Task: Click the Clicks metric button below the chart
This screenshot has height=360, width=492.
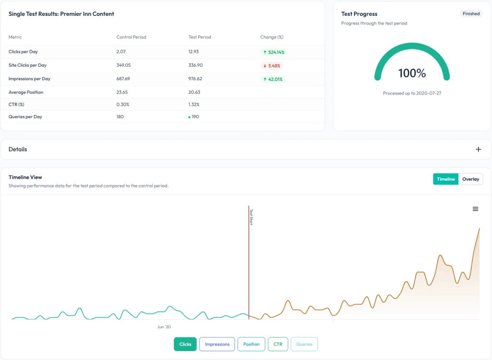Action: click(x=185, y=344)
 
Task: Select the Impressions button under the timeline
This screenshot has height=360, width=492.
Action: click(x=217, y=344)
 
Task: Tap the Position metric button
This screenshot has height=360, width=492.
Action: click(x=251, y=344)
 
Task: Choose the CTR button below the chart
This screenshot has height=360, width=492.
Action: click(x=278, y=344)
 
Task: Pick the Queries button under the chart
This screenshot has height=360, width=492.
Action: click(x=304, y=344)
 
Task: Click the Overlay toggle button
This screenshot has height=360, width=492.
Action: click(x=470, y=179)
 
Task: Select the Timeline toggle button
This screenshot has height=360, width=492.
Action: click(x=446, y=179)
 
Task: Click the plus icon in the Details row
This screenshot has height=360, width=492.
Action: click(x=478, y=149)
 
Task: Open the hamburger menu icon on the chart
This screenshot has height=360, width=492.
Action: click(x=475, y=209)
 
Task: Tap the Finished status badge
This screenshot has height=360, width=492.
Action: click(x=471, y=14)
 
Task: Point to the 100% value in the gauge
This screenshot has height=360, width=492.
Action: click(x=412, y=74)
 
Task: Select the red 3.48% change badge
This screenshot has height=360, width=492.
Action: click(x=272, y=65)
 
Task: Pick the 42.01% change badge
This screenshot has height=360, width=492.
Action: click(x=272, y=79)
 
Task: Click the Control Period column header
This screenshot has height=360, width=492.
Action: click(x=131, y=37)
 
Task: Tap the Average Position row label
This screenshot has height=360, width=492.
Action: click(x=26, y=92)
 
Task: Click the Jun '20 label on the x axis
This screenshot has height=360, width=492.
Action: click(x=164, y=327)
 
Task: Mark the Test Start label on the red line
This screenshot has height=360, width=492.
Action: click(x=251, y=216)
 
